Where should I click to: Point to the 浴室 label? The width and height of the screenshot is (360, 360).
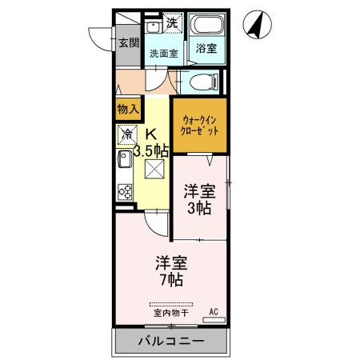[x=206, y=49]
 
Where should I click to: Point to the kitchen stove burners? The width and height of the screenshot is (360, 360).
[x=126, y=191]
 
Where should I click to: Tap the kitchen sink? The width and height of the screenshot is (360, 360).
[x=125, y=165]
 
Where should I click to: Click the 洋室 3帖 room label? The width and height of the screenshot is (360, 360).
[x=199, y=199]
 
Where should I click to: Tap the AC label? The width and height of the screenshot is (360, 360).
[x=214, y=311]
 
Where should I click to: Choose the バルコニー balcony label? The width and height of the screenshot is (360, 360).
[x=170, y=342]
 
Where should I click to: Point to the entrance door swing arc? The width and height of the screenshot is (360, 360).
[x=100, y=40]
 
